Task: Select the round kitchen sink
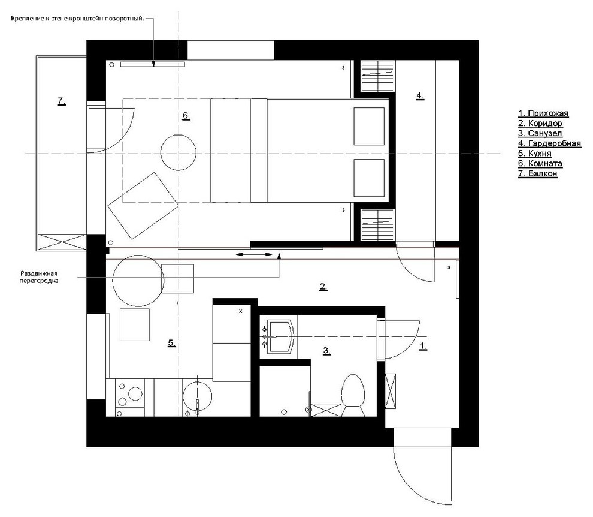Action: tap(197, 396)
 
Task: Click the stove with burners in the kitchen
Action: tap(129, 398)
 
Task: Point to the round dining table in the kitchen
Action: tap(138, 281)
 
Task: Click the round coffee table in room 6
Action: tap(178, 152)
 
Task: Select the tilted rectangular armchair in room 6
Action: tap(143, 206)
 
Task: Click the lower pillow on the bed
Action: tap(369, 178)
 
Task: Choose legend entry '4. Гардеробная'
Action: tap(549, 143)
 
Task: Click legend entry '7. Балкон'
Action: tap(537, 173)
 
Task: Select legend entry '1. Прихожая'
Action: tap(543, 113)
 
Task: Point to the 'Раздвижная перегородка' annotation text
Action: tap(39, 277)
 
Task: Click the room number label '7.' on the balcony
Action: tap(62, 101)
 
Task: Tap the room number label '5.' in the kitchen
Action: tap(172, 343)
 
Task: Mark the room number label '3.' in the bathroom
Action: tap(327, 351)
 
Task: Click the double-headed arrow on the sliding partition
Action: tap(254, 254)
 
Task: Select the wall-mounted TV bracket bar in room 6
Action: tap(152, 64)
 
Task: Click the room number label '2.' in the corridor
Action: tap(323, 287)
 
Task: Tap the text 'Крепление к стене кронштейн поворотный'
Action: tap(77, 19)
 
